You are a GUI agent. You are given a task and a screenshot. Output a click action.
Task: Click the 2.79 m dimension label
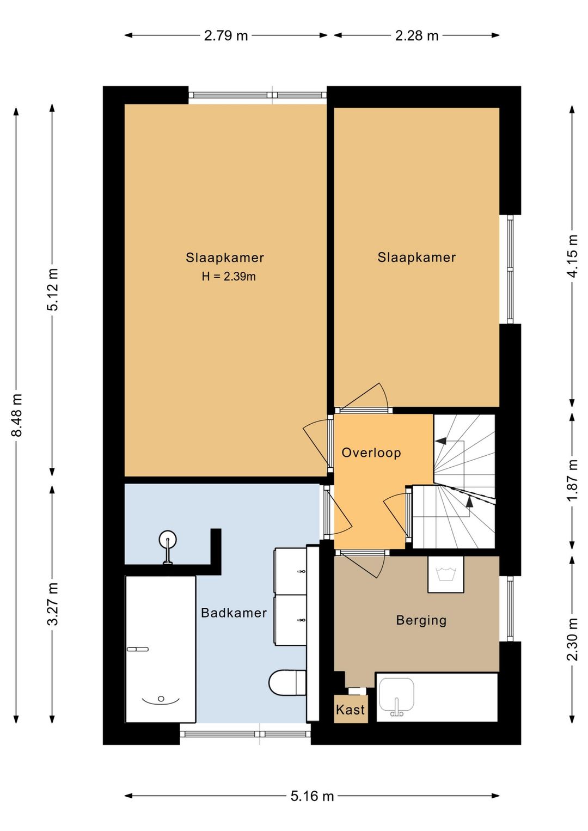[225, 35]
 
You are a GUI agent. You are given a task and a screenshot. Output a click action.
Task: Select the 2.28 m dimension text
[416, 35]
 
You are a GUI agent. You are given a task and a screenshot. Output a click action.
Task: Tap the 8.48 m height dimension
[17, 415]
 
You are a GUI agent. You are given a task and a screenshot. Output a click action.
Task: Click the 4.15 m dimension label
[573, 256]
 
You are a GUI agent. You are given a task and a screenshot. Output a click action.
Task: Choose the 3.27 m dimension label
[53, 604]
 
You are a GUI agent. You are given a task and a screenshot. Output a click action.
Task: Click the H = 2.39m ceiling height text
[229, 277]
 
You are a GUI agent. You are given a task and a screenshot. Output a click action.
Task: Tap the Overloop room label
[371, 453]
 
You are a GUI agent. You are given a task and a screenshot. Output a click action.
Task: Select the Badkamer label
[234, 613]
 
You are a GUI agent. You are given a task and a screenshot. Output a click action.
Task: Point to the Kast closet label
[350, 710]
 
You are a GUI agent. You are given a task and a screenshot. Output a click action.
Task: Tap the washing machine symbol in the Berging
[445, 575]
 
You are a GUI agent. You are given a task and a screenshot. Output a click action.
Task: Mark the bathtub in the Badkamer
[160, 649]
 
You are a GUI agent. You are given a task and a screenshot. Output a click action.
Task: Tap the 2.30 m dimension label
[573, 639]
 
